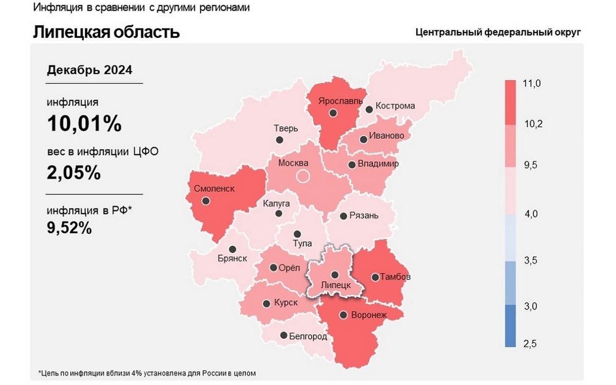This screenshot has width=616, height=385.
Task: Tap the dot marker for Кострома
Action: pos(369,109)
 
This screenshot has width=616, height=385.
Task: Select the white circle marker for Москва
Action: pos(303,177)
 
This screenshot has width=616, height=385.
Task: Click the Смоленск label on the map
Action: pos(214,188)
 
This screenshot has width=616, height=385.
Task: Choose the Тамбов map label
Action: pos(395,277)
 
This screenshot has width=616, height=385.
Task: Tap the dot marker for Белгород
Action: pos(283,335)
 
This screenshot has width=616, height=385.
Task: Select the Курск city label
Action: pos(286,303)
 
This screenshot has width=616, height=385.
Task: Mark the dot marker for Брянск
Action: pos(233,248)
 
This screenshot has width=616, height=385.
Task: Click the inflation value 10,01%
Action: pos(84,124)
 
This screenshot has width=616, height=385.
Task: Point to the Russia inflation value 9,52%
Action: pos(69,227)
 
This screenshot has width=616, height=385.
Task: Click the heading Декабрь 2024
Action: pos(89,70)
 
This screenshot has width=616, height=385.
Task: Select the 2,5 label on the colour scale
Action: pos(530,344)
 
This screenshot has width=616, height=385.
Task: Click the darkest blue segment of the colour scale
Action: pos(510,326)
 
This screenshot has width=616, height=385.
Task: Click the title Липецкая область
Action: pos(106,32)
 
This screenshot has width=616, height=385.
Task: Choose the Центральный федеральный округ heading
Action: pos(498,32)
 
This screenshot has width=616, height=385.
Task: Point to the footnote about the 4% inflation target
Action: pos(147,373)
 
